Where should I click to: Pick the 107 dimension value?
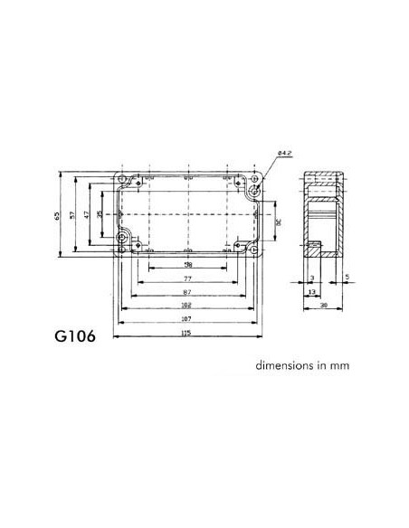click(x=187, y=319)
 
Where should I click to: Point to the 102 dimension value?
click(x=187, y=306)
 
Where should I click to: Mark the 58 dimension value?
click(x=187, y=265)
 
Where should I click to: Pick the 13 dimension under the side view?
click(x=310, y=292)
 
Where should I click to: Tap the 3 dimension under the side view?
click(x=310, y=278)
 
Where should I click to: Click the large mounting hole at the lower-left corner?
click(x=123, y=239)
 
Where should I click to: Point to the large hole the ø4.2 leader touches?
click(x=254, y=191)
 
